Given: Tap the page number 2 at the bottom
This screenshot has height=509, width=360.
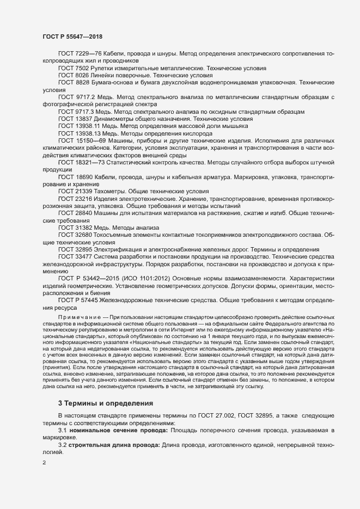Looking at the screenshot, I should [44, 464].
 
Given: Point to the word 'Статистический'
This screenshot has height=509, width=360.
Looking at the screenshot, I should [129, 162].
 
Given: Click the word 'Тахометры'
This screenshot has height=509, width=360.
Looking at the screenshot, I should [111, 191].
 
